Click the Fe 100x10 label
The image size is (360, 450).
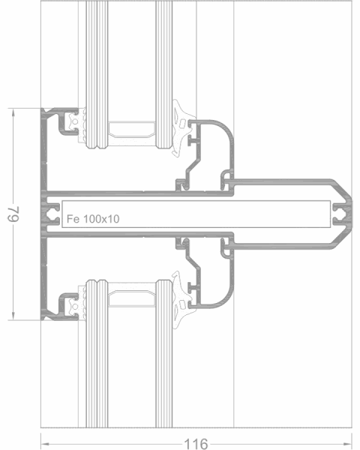coord(93,219)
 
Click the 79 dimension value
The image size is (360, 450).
coord(13,214)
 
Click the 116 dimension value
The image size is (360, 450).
coord(196,444)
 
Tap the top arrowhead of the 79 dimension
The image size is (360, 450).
coord(13,113)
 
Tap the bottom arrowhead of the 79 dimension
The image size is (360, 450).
coord(13,315)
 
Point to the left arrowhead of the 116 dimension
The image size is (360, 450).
coord(45,444)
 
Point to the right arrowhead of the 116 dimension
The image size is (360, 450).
coord(347,444)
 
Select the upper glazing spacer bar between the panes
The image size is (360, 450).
coord(132,130)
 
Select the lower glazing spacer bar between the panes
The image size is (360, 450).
coord(132,298)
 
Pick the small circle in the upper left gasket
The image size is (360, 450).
coord(75,121)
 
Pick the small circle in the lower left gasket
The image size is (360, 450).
coord(75,307)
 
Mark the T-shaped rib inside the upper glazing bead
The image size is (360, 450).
coord(193,140)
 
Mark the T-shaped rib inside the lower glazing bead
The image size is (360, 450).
coord(193,287)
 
